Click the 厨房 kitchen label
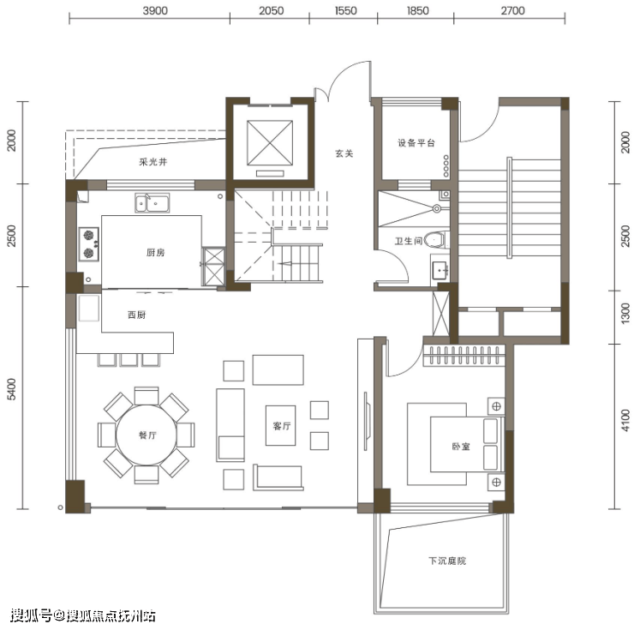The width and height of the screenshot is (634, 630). pyautogui.click(x=155, y=253)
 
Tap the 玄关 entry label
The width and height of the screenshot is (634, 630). pyautogui.click(x=344, y=153)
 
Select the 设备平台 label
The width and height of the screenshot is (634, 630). pyautogui.click(x=416, y=143)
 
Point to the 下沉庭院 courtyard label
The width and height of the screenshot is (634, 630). pyautogui.click(x=447, y=561)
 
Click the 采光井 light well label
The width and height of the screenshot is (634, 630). pyautogui.click(x=153, y=162)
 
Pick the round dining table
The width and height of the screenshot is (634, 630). pyautogui.click(x=147, y=435)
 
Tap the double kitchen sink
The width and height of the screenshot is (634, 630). pyautogui.click(x=152, y=203)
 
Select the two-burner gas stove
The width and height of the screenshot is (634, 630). pyautogui.click(x=89, y=244)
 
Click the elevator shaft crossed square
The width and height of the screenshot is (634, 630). pyautogui.click(x=270, y=143)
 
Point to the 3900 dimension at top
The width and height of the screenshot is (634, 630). pyautogui.click(x=155, y=10)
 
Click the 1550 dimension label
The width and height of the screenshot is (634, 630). pyautogui.click(x=346, y=10)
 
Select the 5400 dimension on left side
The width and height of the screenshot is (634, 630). pyautogui.click(x=12, y=389)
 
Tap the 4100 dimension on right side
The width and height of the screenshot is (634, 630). pyautogui.click(x=625, y=420)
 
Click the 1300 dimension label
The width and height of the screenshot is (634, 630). pyautogui.click(x=625, y=313)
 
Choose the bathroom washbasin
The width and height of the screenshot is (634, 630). pyautogui.click(x=440, y=270)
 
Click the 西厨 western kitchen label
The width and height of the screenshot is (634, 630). pyautogui.click(x=137, y=315)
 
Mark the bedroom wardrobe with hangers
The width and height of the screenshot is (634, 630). pyautogui.click(x=464, y=356)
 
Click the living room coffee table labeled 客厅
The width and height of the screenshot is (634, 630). pyautogui.click(x=281, y=426)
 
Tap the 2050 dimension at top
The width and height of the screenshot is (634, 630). pyautogui.click(x=272, y=10)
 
